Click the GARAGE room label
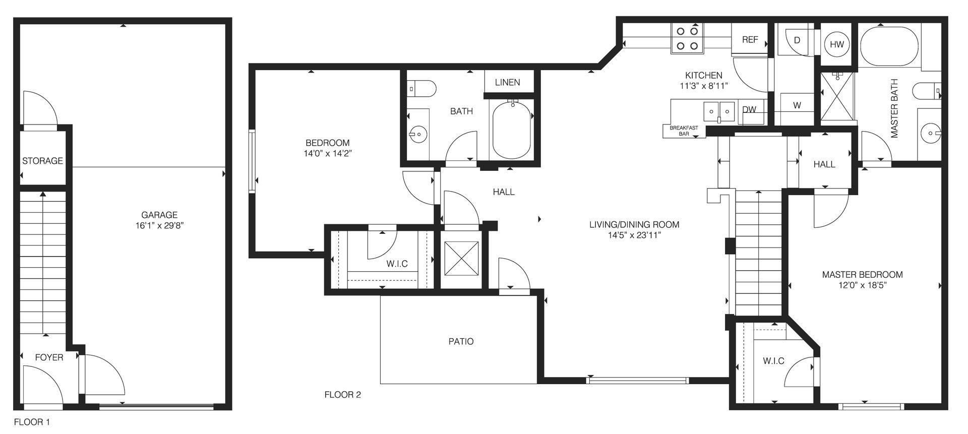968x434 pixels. [159, 215]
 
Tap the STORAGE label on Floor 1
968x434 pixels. [42, 161]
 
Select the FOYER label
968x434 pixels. [49, 357]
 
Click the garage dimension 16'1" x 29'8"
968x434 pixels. [159, 226]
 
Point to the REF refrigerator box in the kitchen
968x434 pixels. [750, 39]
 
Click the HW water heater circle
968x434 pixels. [837, 44]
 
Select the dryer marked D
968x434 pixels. [797, 40]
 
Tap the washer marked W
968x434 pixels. [797, 106]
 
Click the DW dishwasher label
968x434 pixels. [749, 109]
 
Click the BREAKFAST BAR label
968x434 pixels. [684, 131]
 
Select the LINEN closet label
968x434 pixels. [507, 83]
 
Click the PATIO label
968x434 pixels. [461, 341]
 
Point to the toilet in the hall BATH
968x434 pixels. [421, 89]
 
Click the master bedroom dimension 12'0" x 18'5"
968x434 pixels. [862, 285]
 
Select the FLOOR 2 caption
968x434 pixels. [342, 395]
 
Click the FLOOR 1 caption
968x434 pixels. [32, 422]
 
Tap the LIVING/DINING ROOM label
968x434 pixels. [634, 224]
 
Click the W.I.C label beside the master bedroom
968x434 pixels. [773, 361]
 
